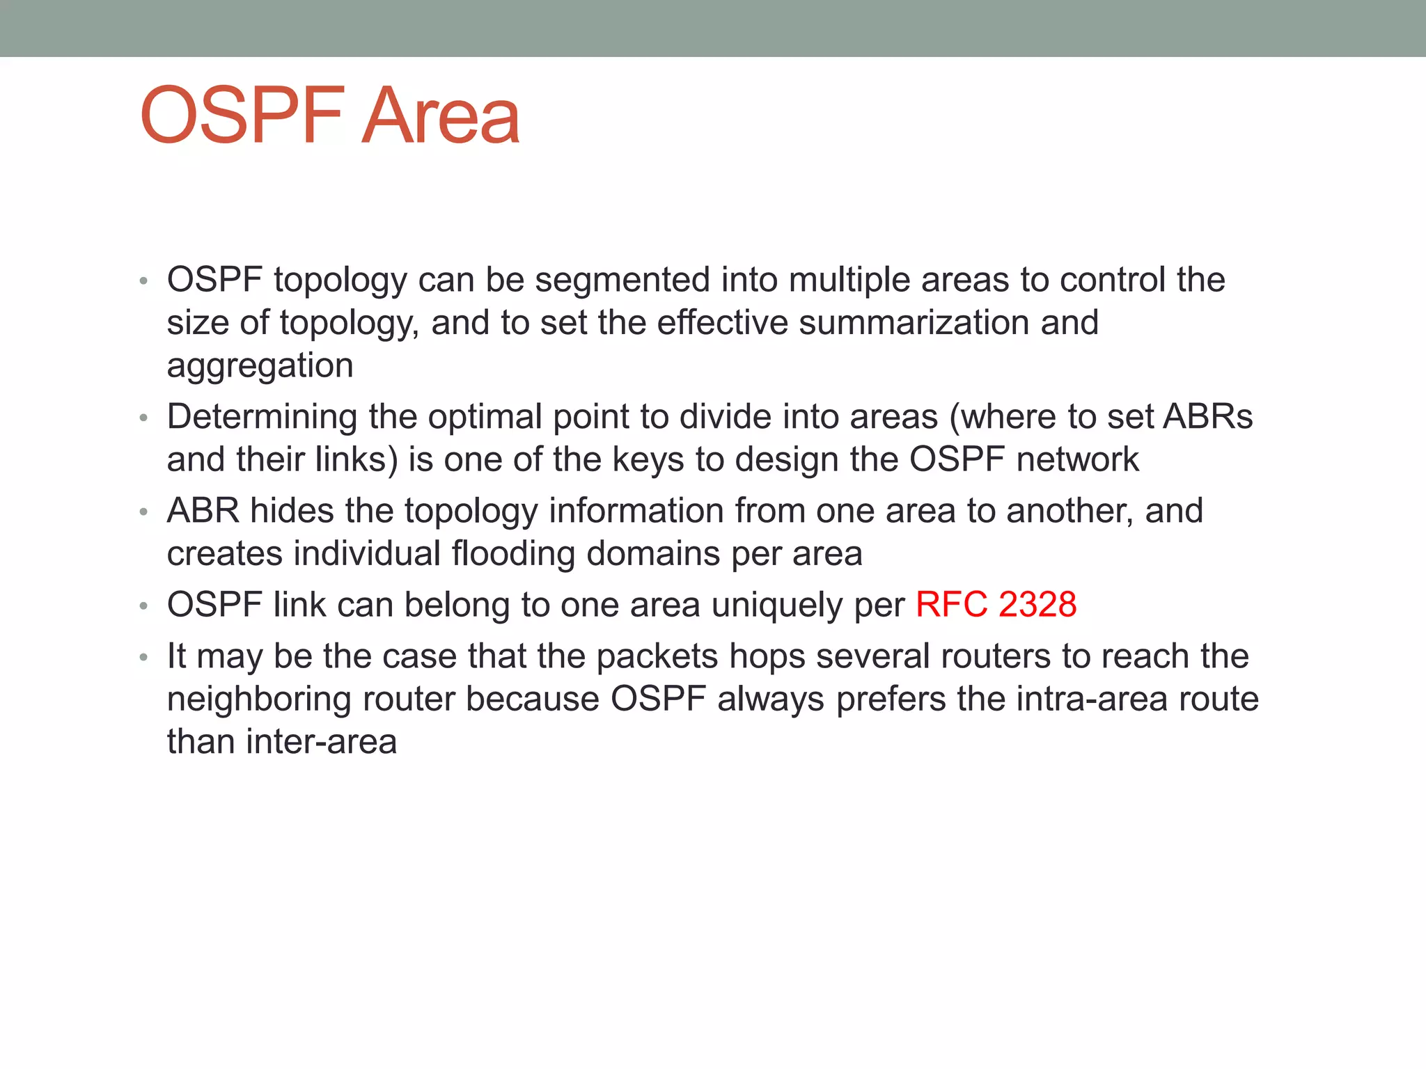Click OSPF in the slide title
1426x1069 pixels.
click(242, 116)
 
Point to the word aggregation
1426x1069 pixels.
click(260, 367)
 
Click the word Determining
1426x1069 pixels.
click(263, 418)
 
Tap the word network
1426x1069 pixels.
click(1077, 460)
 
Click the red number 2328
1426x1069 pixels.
click(1037, 605)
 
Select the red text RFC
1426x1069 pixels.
click(951, 605)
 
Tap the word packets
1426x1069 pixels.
click(657, 657)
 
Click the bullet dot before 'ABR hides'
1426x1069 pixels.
click(143, 513)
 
